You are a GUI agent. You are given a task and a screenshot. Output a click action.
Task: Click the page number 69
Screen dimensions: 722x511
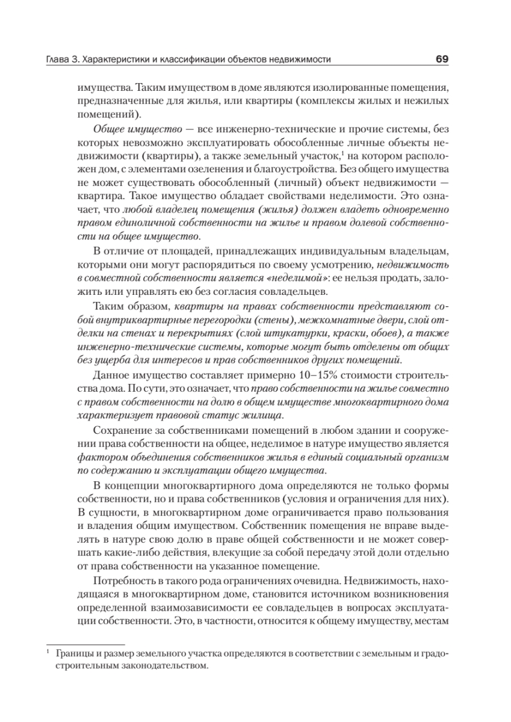click(x=442, y=60)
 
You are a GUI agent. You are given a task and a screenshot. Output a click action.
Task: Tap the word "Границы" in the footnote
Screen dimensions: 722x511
click(x=70, y=653)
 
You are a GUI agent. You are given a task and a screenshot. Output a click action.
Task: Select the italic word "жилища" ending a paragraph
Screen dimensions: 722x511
click(x=265, y=416)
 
